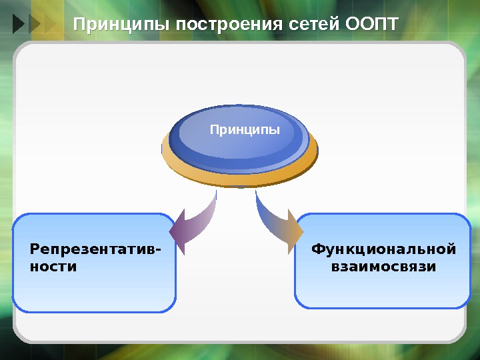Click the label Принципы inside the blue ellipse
click(x=245, y=129)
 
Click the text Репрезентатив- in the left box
click(x=95, y=250)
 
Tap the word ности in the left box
click(x=53, y=267)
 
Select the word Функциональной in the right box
click(x=383, y=250)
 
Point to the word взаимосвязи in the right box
click(x=383, y=267)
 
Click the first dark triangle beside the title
click(x=18, y=25)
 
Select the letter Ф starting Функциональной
click(x=318, y=250)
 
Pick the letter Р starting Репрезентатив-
click(x=35, y=250)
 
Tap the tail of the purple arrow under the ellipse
click(x=215, y=196)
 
